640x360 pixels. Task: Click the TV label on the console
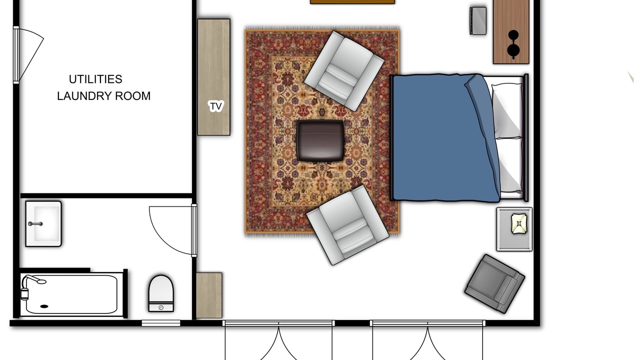[215, 106]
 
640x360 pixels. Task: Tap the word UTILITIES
[95, 79]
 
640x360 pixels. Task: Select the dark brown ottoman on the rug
[320, 140]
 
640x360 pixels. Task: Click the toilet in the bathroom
[161, 293]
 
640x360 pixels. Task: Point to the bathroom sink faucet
[35, 223]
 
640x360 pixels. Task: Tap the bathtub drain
[44, 306]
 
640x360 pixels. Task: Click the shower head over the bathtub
[34, 279]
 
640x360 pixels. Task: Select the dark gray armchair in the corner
[494, 283]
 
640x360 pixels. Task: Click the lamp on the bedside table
[519, 223]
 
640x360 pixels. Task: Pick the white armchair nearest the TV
[344, 71]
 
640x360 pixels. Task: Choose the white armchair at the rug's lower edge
[347, 225]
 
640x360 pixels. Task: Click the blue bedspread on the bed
[445, 137]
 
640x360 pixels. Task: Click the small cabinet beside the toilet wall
[209, 295]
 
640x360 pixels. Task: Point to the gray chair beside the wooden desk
[478, 21]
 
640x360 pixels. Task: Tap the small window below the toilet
[161, 323]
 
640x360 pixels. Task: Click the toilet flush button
[161, 307]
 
